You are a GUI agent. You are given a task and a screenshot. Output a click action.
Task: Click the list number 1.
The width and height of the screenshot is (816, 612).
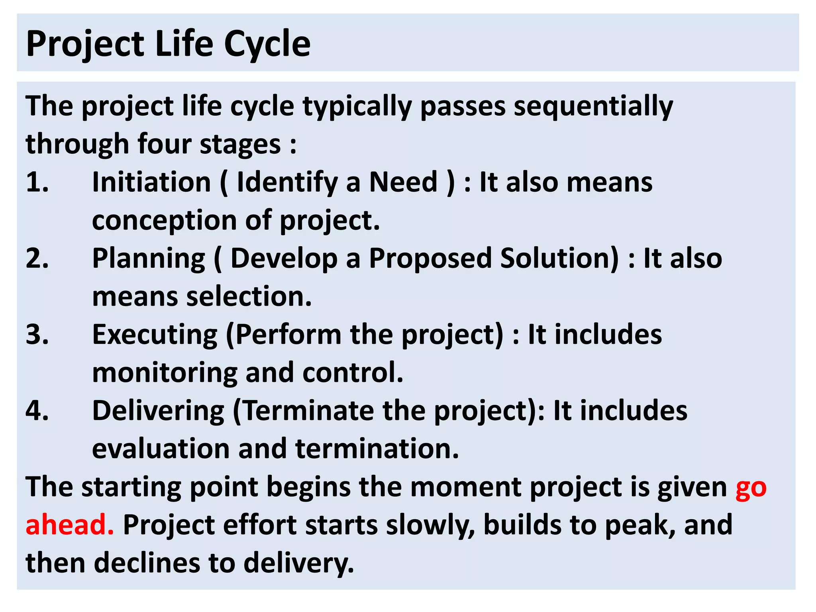coord(37,182)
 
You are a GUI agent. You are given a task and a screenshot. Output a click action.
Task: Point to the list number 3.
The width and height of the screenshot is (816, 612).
coord(37,334)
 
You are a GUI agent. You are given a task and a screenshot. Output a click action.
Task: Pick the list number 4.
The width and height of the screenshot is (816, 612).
coord(37,410)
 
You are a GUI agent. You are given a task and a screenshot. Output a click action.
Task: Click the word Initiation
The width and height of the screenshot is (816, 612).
coord(151,182)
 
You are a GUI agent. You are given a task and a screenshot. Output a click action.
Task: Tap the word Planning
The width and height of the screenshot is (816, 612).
coord(149,259)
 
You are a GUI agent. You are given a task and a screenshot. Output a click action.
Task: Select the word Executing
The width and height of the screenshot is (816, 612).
coord(155,335)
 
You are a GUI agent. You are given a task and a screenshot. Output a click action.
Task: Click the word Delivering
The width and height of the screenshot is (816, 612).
coord(158,411)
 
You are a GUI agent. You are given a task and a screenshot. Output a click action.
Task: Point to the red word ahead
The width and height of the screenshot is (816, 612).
coord(69,525)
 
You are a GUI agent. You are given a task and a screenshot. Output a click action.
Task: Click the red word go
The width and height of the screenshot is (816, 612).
coord(751,488)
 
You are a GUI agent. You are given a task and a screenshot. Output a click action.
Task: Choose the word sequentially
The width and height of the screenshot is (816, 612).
coord(593,107)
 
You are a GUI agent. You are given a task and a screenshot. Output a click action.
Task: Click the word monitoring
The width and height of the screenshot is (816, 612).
coord(165,373)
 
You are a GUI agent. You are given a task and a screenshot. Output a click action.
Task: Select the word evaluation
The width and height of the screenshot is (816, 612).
coord(161,449)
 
